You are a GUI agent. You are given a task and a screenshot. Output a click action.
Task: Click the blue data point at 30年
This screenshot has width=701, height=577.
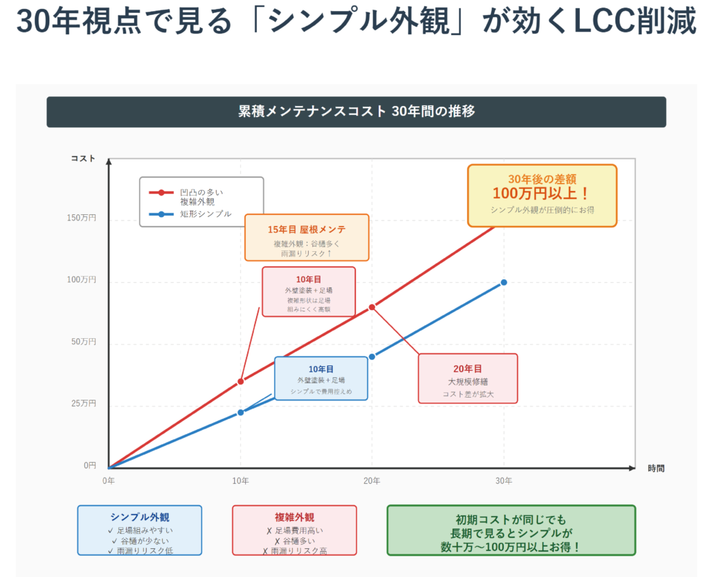504,282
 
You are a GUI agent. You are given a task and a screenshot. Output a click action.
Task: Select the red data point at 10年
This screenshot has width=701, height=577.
240,381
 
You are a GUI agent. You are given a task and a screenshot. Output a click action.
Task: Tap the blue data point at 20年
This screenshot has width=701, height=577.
372,357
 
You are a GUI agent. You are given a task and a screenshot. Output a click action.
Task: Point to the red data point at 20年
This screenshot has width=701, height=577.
372,307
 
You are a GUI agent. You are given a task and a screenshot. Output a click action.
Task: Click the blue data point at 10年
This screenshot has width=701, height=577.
240,412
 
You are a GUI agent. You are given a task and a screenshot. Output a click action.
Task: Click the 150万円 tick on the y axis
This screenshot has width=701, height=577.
82,218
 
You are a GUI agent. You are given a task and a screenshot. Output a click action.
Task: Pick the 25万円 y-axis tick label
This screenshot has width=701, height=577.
84,404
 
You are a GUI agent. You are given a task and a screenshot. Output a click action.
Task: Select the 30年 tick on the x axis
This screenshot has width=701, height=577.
504,480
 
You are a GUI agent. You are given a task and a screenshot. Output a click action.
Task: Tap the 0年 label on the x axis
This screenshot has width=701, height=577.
109,480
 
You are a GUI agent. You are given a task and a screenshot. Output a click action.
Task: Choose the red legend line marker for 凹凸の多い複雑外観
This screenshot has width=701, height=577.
162,192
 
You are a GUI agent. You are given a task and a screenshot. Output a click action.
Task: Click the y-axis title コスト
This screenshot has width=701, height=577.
84,159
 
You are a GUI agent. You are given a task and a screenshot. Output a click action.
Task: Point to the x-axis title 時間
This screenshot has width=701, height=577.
656,468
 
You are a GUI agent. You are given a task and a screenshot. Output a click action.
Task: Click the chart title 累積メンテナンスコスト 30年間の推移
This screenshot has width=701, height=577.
356,112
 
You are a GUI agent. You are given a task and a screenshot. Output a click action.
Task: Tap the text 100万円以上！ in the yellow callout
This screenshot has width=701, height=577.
541,193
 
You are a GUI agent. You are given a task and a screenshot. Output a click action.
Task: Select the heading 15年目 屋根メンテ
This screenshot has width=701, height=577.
307,229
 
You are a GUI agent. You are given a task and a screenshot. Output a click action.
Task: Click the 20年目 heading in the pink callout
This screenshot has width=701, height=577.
468,368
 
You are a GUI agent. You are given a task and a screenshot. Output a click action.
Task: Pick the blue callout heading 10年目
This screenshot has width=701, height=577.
320,368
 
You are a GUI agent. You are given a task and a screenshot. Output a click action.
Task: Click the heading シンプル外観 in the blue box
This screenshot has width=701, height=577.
140,517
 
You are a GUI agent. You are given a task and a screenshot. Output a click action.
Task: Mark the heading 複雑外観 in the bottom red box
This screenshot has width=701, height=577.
294,517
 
